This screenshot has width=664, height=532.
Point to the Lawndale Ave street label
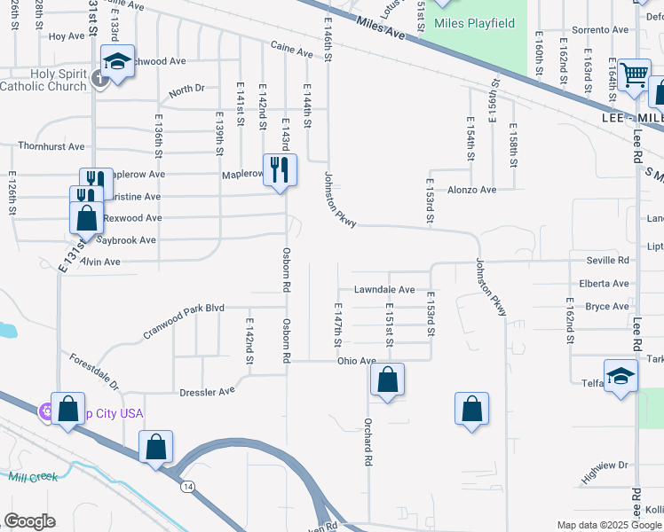[384, 290]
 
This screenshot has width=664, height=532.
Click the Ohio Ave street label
[356, 362]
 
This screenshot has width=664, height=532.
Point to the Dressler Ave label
[208, 390]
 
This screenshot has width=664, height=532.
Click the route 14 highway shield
[187, 487]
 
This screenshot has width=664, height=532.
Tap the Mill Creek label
[33, 477]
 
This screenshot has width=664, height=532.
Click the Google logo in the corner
[29, 520]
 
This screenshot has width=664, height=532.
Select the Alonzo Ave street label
[471, 190]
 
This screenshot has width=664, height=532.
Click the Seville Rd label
[607, 260]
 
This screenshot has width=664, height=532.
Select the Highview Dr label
[605, 465]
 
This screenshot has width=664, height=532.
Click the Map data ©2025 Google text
[610, 525]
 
